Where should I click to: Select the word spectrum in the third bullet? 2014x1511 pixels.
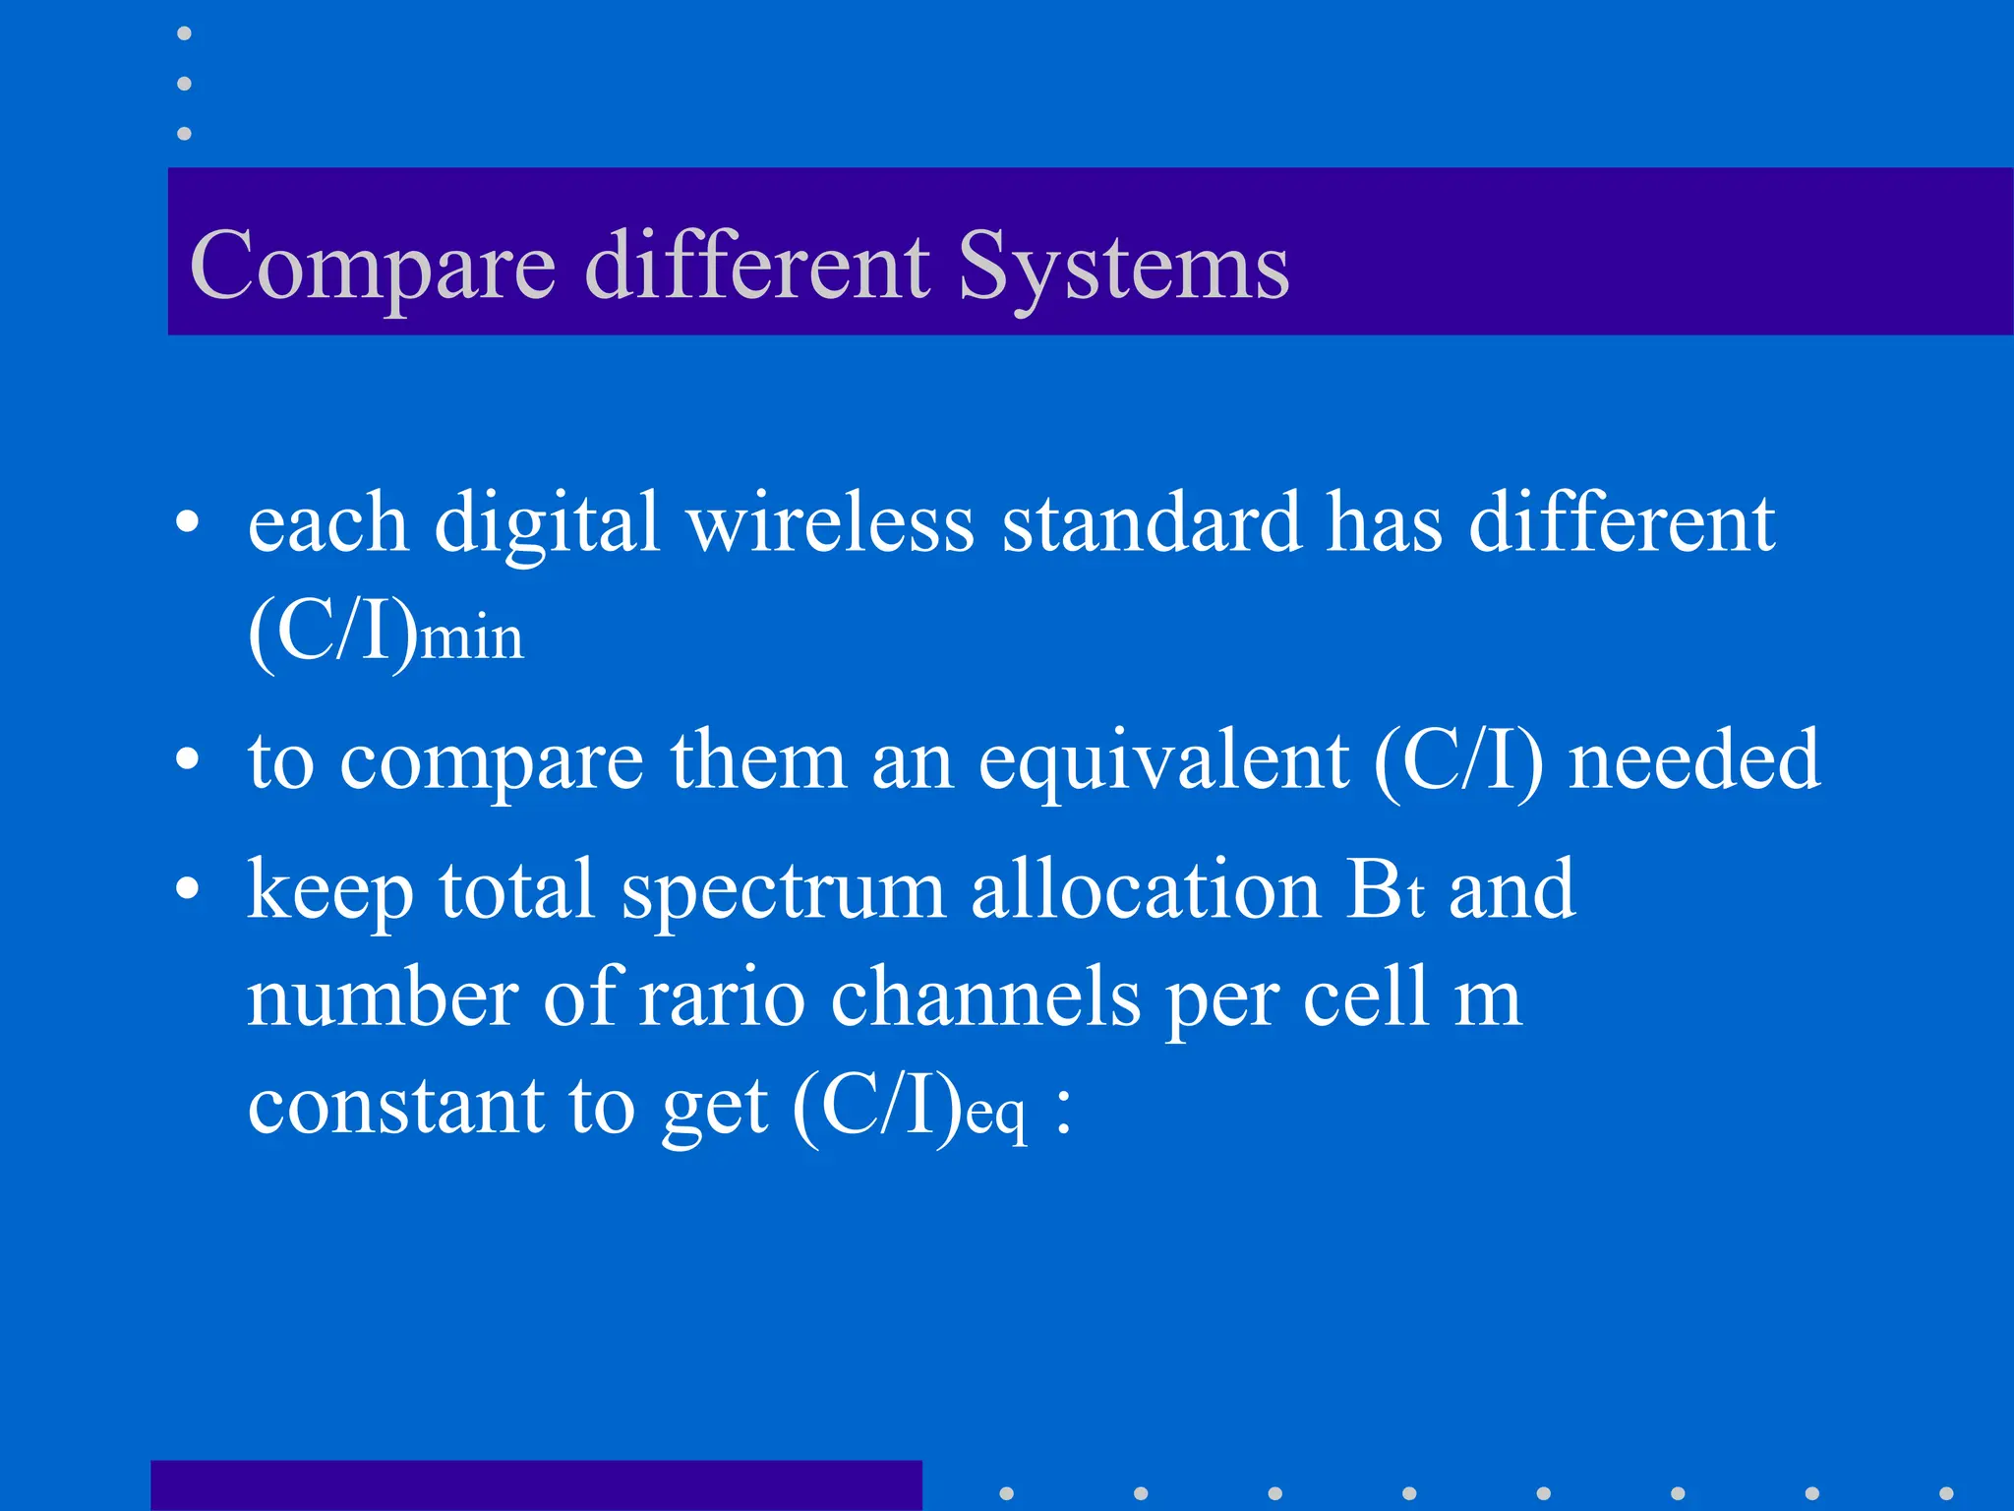pyautogui.click(x=783, y=890)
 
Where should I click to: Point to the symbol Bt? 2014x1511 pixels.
pyautogui.click(x=1384, y=890)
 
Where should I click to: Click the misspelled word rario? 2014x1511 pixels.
pyautogui.click(x=722, y=997)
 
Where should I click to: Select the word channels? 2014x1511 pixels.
pyautogui.click(x=985, y=997)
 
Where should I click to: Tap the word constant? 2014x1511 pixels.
pyautogui.click(x=394, y=1106)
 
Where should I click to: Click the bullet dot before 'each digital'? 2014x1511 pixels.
pyautogui.click(x=187, y=522)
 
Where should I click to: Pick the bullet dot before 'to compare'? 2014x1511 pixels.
pyautogui.click(x=187, y=760)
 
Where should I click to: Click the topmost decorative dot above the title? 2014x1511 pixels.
pyautogui.click(x=184, y=33)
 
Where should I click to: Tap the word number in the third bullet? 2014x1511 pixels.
pyautogui.click(x=382, y=997)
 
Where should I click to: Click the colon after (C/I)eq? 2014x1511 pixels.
pyautogui.click(x=1063, y=1111)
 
